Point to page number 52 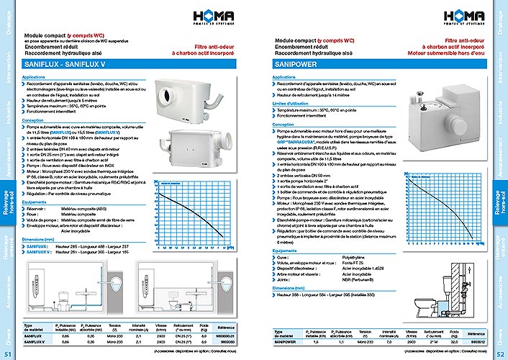[x=500, y=354]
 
